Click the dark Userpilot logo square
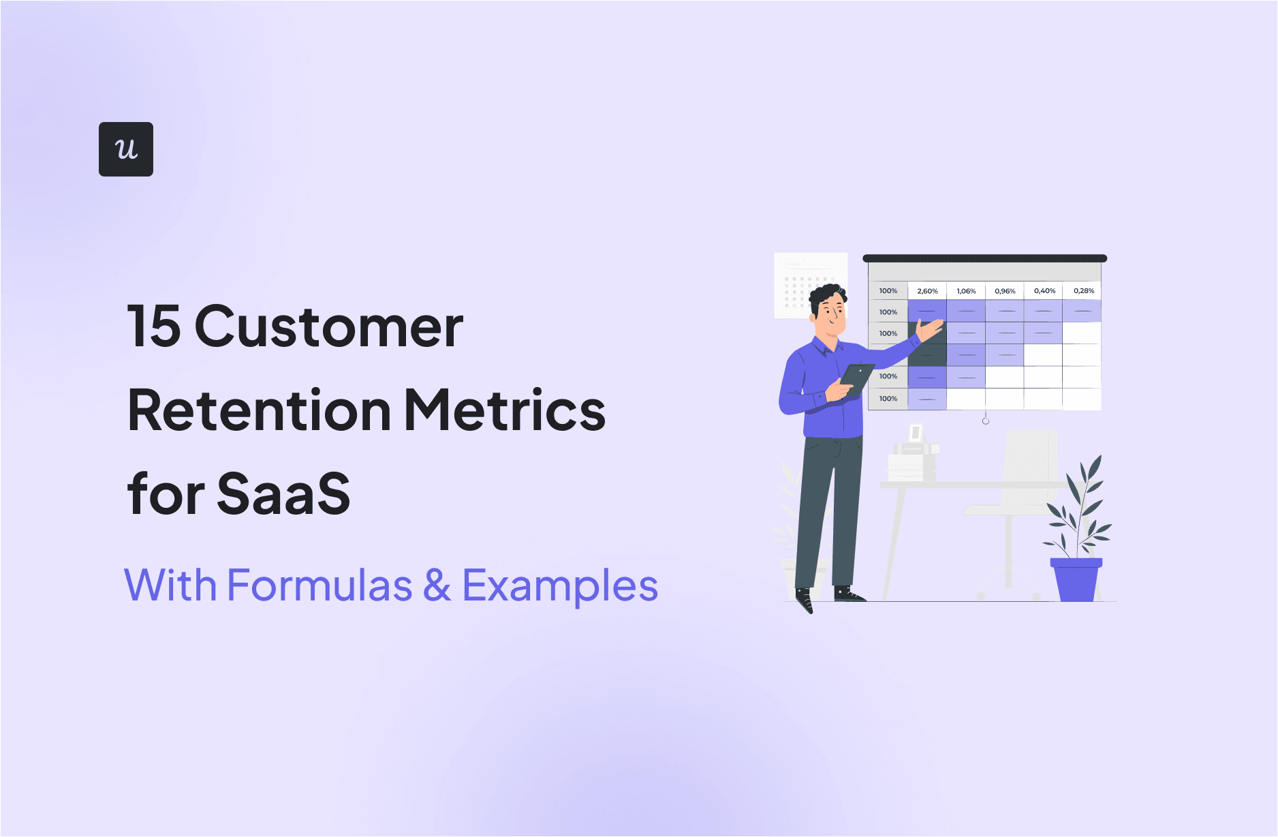[x=126, y=149]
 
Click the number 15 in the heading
[x=154, y=326]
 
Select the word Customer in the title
[x=329, y=326]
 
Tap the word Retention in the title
[x=259, y=410]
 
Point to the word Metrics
[x=505, y=410]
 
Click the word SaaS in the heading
[x=283, y=494]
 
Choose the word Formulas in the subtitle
[x=319, y=585]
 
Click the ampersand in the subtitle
[x=437, y=585]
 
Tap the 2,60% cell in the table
[x=927, y=291]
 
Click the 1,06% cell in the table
[x=966, y=291]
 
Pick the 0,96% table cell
[x=1005, y=291]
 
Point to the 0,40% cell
[x=1044, y=291]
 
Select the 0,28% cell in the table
[x=1084, y=291]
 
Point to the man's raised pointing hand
[x=930, y=330]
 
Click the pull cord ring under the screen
[x=986, y=421]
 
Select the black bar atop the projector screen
[x=984, y=258]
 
